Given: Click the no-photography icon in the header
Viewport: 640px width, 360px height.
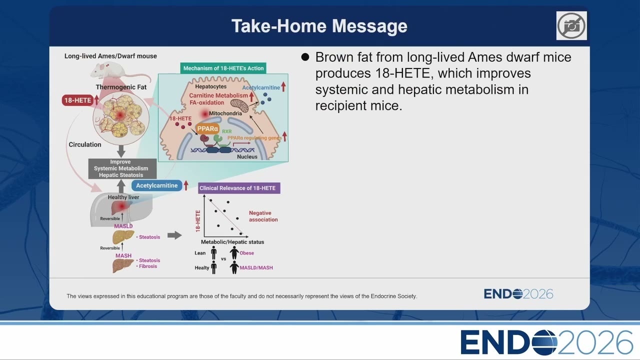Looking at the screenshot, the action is [571, 25].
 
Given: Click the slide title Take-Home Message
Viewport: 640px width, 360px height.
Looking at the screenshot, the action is [319, 26].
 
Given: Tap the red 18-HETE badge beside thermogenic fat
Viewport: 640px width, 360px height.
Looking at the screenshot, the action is [77, 100].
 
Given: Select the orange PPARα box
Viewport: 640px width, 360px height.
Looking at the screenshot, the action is [207, 129].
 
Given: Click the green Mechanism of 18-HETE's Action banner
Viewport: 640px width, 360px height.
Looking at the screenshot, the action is [223, 68].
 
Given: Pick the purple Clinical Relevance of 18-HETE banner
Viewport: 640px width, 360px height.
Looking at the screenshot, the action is [239, 188].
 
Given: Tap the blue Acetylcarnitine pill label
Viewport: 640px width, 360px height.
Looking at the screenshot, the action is [156, 185].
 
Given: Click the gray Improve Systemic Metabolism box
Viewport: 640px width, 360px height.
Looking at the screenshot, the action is [122, 168].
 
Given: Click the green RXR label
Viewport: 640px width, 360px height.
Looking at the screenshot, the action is [227, 131].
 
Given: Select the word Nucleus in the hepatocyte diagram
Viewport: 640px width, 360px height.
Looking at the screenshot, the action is [247, 156].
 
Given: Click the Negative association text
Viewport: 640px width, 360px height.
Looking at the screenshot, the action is [263, 216].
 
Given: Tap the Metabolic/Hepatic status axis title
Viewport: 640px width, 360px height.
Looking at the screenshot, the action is [232, 241].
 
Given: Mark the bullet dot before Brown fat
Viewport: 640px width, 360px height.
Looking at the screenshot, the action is [305, 57].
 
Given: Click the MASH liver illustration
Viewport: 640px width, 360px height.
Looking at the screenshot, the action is [123, 265].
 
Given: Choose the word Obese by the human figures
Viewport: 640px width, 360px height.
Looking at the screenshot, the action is [246, 253].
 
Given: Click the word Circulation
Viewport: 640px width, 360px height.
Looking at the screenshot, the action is [85, 144].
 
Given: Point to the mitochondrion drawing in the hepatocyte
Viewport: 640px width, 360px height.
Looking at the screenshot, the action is [239, 105].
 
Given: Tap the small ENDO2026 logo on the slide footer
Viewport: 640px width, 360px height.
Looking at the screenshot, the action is [518, 293].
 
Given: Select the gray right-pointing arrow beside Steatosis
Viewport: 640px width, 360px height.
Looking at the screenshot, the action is [174, 235].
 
